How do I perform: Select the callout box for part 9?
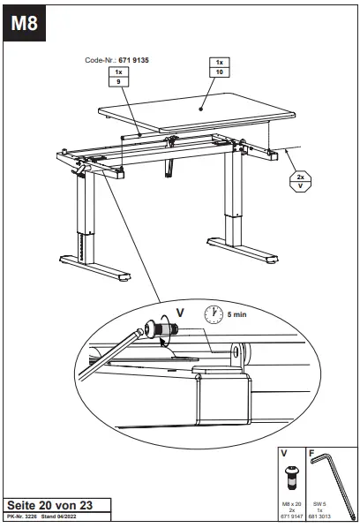click(119, 76)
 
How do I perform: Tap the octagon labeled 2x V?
click(301, 181)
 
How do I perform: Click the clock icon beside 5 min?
click(213, 313)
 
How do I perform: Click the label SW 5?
click(322, 502)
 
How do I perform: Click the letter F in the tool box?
click(312, 452)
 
